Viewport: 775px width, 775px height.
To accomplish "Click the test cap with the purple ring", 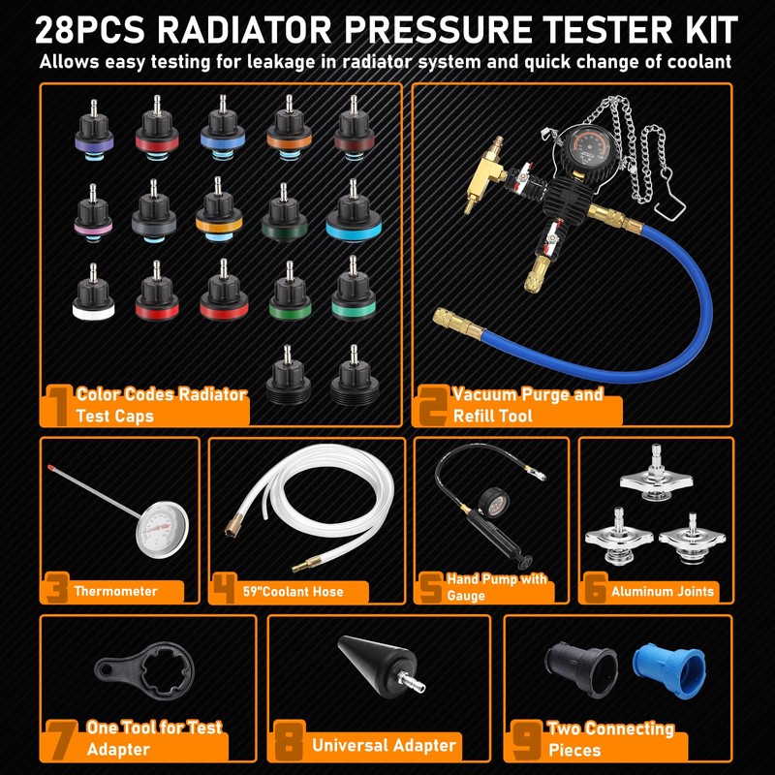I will tap(94, 132).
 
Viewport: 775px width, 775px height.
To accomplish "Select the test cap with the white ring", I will tap(94, 295).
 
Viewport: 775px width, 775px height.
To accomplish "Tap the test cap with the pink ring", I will tap(93, 213).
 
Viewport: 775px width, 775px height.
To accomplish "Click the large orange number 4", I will tap(225, 587).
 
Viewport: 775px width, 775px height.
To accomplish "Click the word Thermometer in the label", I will tap(115, 591).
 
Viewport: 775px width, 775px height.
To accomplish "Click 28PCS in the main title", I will tap(91, 29).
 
